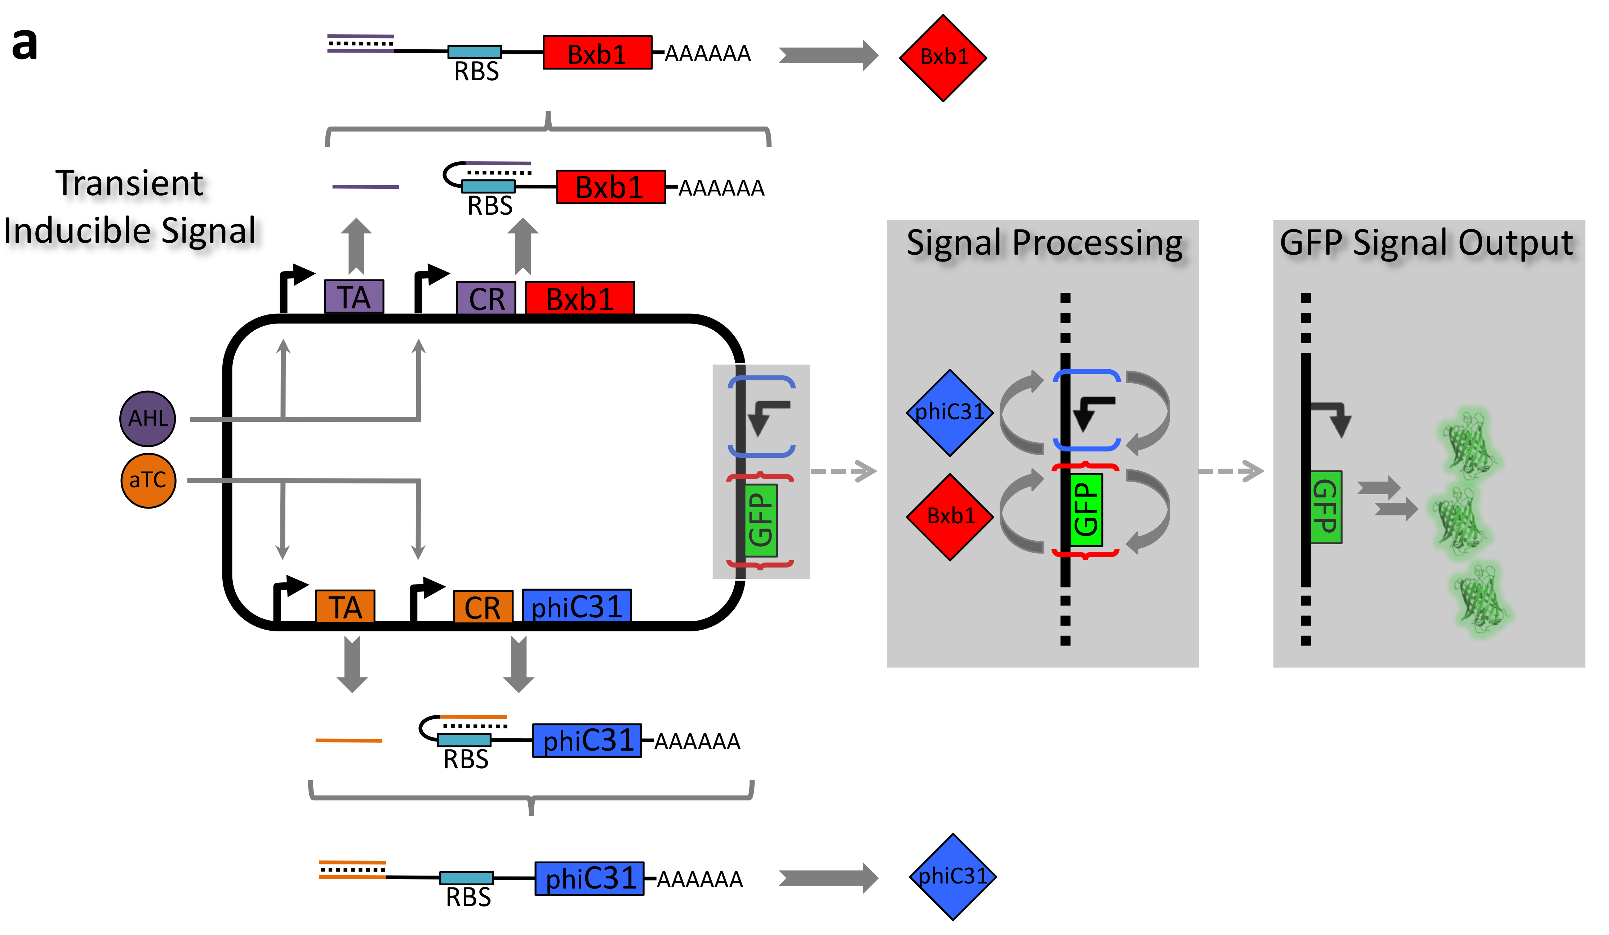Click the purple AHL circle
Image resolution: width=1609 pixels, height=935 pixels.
147,418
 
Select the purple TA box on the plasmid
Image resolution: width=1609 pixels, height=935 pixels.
354,297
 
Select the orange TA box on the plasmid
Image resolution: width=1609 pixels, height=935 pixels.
345,606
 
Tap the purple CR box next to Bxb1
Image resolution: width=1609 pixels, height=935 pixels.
486,298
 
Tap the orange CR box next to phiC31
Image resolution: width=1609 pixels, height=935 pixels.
483,607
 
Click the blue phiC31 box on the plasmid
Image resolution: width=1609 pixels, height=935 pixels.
577,606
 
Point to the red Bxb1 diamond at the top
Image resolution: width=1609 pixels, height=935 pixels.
943,57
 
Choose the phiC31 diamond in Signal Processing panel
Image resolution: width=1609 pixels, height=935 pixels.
950,412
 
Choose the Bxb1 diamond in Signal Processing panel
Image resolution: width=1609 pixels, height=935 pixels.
950,516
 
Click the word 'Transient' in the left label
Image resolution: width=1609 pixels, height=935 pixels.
130,184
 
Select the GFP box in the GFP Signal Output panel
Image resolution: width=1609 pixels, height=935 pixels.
1325,507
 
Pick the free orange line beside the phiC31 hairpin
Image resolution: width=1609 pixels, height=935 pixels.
348,741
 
